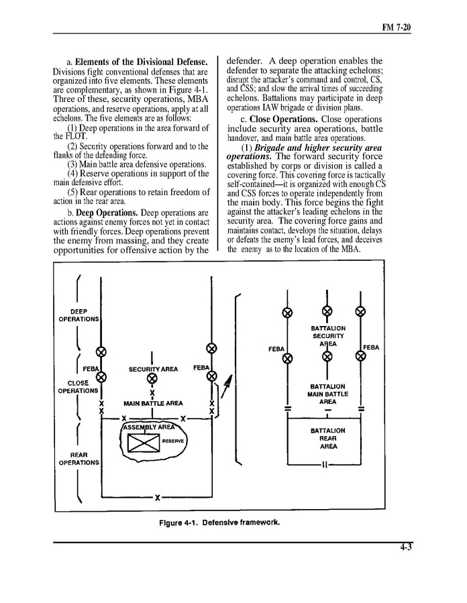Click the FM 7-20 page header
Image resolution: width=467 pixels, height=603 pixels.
coord(397,28)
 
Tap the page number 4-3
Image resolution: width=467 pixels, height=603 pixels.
coord(405,547)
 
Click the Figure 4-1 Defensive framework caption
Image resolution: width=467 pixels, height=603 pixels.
coord(219,523)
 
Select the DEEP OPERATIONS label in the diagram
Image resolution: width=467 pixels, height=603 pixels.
coord(79,315)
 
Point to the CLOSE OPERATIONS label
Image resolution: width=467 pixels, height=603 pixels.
coord(78,387)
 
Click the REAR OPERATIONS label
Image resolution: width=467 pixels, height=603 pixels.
coord(79,459)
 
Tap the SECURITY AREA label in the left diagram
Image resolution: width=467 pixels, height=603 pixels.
coord(153,369)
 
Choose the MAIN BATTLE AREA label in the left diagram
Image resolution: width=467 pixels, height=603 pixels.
coord(153,403)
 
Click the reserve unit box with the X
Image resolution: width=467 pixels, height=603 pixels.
coord(144,443)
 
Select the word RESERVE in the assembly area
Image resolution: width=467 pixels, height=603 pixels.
coord(173,441)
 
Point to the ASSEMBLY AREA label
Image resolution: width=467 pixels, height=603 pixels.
coord(148,427)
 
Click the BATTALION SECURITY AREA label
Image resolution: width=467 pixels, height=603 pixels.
coord(328,336)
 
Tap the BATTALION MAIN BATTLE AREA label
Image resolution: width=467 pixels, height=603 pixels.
coord(327,394)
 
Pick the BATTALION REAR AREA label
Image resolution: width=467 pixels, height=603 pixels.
coord(328,439)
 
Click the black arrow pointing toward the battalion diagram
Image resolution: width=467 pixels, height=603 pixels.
coord(227,386)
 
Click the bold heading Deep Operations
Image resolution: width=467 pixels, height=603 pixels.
coord(107,213)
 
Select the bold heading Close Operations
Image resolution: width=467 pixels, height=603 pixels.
coord(284,119)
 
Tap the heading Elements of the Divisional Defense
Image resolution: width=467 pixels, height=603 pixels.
coord(141,62)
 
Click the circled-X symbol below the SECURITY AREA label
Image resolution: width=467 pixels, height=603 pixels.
coord(152,379)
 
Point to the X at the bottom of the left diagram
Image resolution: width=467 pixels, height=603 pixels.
coord(157,498)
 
